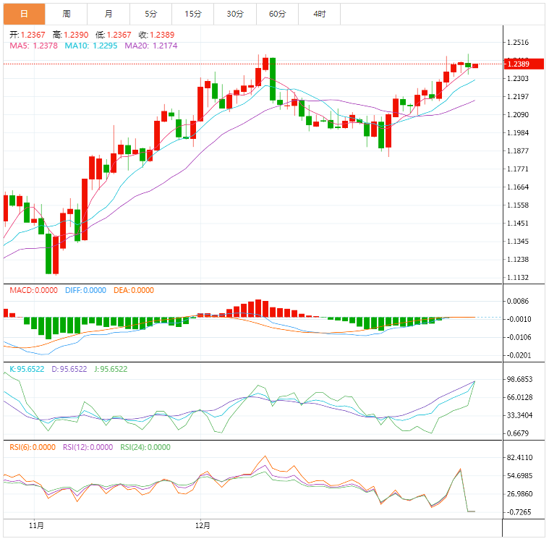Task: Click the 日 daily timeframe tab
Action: (x=24, y=14)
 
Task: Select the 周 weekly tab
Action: (x=67, y=14)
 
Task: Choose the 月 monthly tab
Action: (x=108, y=14)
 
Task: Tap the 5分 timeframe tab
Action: (x=150, y=14)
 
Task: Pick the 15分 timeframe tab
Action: (x=193, y=14)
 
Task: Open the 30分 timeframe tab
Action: (x=235, y=14)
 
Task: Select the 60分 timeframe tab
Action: (x=277, y=14)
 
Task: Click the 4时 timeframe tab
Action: (x=319, y=14)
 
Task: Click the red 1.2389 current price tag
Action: (x=524, y=64)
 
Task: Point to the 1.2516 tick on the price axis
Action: (x=522, y=43)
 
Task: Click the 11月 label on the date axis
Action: (x=36, y=525)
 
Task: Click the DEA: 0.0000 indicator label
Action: (x=134, y=290)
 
